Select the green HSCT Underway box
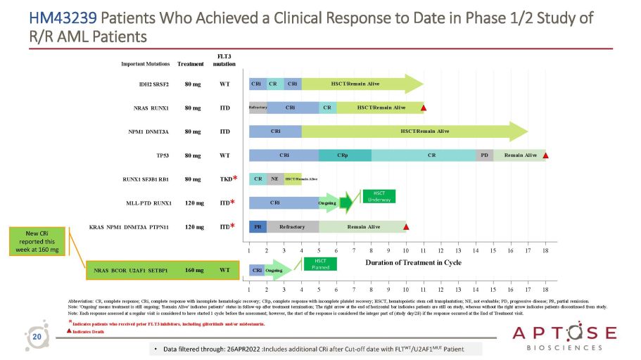pyautogui.click(x=379, y=196)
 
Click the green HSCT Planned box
pyautogui.click(x=320, y=264)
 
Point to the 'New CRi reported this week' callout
pyautogui.click(x=42, y=240)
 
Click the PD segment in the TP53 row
pyautogui.click(x=484, y=155)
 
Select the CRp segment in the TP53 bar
pyautogui.click(x=345, y=155)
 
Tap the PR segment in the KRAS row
pyautogui.click(x=258, y=226)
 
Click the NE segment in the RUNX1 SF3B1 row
pyautogui.click(x=276, y=179)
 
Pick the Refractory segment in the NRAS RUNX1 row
pyautogui.click(x=258, y=107)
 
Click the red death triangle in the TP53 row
pyautogui.click(x=547, y=155)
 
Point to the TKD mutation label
pyautogui.click(x=225, y=179)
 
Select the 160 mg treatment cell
pyautogui.click(x=194, y=269)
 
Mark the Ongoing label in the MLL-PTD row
pyautogui.click(x=328, y=203)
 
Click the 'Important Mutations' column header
pyautogui.click(x=146, y=63)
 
